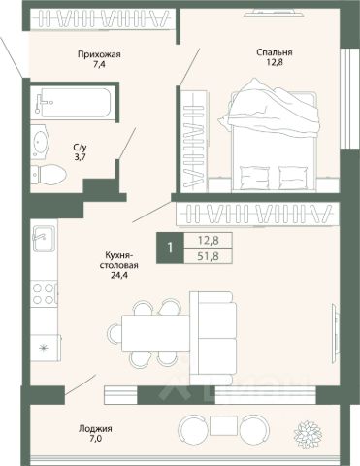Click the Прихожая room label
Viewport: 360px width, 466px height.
(99, 54)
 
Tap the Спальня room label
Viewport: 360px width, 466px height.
(275, 52)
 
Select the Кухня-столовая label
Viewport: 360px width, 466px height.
(118, 260)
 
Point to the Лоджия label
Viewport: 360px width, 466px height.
(95, 429)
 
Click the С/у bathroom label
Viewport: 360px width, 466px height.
(80, 148)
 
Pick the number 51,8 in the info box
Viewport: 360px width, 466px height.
(209, 256)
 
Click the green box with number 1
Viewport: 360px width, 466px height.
(170, 248)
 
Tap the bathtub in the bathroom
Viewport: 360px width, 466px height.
(73, 103)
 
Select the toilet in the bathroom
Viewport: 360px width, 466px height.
(49, 175)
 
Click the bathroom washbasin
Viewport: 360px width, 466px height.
(40, 142)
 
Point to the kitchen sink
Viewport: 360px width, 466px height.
(44, 238)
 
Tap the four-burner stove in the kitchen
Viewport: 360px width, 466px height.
(45, 294)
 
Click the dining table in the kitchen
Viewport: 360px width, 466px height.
(155, 334)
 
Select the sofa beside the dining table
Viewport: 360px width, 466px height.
(213, 338)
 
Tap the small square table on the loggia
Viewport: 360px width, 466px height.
(223, 426)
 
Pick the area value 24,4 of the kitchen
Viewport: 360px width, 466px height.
(118, 275)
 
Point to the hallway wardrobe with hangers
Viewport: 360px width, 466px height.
(104, 18)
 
